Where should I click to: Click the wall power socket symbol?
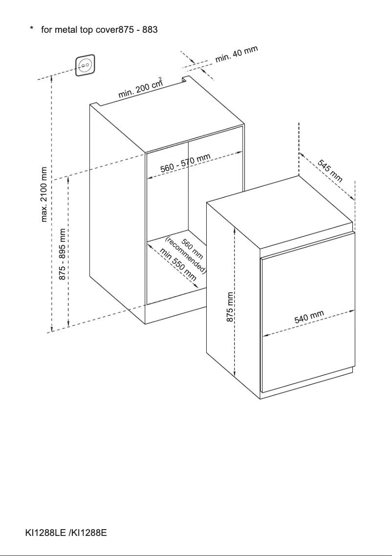click(x=86, y=65)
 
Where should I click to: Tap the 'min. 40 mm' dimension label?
click(x=237, y=54)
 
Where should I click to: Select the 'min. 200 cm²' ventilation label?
click(x=140, y=88)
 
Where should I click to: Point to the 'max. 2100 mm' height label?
click(x=44, y=194)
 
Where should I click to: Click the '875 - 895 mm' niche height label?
click(x=62, y=254)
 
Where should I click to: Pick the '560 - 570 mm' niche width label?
click(x=185, y=163)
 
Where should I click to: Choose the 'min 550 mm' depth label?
click(x=178, y=264)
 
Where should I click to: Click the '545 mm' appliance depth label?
click(x=330, y=170)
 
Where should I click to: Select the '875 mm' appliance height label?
click(x=230, y=307)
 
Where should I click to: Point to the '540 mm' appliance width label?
click(x=309, y=317)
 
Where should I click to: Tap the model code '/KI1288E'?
click(x=88, y=533)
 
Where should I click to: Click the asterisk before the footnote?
click(x=32, y=28)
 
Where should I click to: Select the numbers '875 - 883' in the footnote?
click(x=138, y=29)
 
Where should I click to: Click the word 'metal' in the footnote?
click(x=66, y=29)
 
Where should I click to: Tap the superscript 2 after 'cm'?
click(x=160, y=79)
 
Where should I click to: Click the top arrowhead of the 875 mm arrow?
click(x=235, y=229)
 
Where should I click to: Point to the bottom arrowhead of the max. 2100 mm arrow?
click(x=52, y=330)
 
